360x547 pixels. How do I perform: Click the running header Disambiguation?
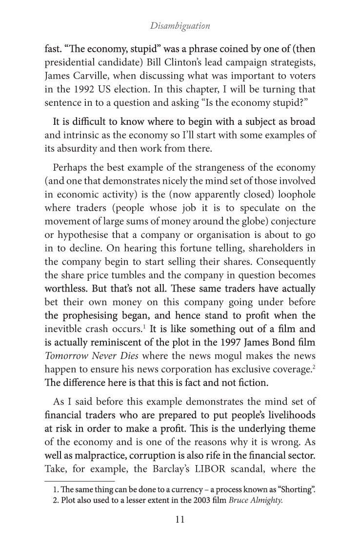180,26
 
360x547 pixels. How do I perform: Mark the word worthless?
65,289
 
